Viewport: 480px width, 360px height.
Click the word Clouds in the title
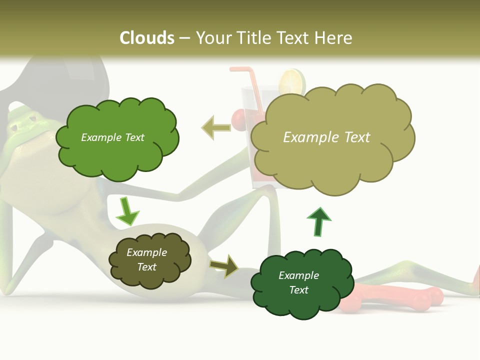tap(147, 38)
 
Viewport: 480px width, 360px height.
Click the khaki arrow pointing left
tap(216, 127)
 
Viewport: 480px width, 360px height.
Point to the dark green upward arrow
tap(319, 221)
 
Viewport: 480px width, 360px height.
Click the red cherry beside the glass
tap(239, 119)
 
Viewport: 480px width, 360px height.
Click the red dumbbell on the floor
tap(395, 299)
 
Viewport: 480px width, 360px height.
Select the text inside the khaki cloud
tap(326, 137)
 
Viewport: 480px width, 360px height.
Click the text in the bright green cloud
tap(112, 137)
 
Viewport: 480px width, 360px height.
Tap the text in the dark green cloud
tap(298, 282)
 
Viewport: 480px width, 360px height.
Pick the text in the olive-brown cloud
tap(146, 259)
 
